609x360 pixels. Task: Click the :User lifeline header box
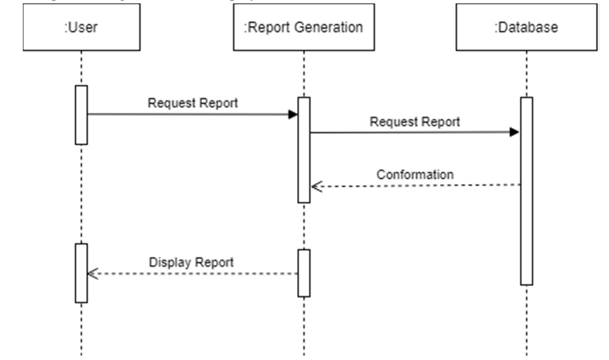pos(81,27)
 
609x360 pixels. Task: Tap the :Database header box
pos(526,27)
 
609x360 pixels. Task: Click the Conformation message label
pos(415,175)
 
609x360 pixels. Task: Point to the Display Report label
pos(191,262)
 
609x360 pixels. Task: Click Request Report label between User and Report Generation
pos(193,103)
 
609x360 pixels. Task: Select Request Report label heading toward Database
pos(414,122)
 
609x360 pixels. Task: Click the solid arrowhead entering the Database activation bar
pos(515,132)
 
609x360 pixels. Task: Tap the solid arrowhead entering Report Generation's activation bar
pos(293,114)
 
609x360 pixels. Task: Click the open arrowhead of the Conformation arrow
pos(316,186)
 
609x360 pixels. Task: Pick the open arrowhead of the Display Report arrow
pos(93,273)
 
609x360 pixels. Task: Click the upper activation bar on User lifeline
pos(81,115)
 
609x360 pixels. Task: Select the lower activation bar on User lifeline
pos(81,273)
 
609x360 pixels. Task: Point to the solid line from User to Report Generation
pos(187,114)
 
